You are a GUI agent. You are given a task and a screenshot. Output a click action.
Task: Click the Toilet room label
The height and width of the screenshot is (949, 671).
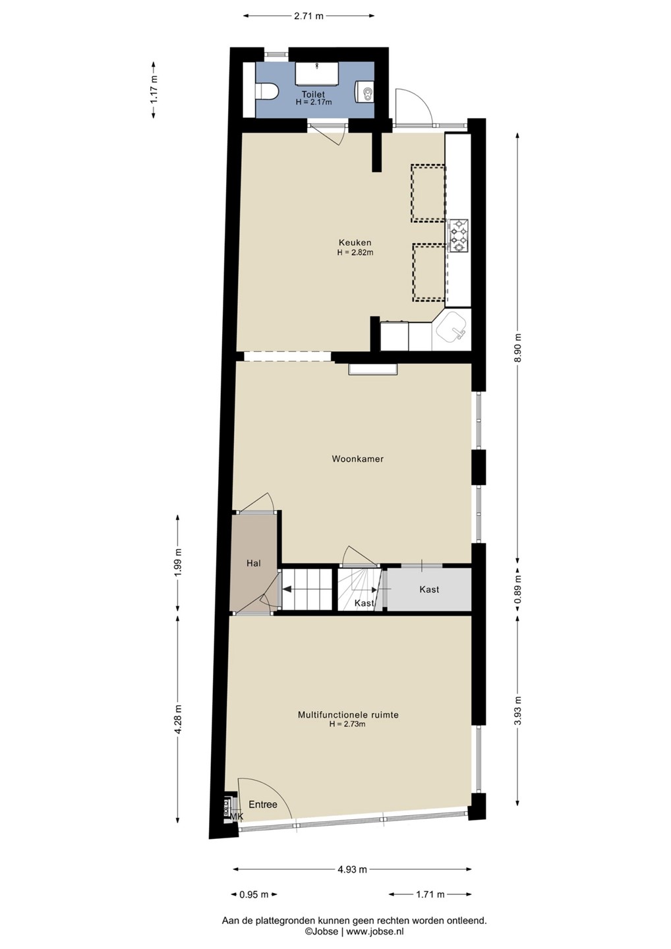pos(313,94)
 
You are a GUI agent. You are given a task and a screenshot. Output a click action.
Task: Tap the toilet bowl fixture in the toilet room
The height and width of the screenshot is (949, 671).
pos(266,92)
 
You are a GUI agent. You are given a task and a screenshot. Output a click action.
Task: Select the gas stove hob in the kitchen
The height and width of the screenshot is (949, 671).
pos(459,235)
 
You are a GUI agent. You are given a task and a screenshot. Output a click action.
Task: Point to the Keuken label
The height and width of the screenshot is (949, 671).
pos(355,243)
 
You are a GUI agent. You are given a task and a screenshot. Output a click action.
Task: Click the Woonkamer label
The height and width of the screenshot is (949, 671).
pos(358,459)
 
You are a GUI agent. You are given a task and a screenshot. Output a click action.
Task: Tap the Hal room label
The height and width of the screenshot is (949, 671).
pos(253,563)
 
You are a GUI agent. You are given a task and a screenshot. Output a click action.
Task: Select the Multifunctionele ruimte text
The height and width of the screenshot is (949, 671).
pos(348,715)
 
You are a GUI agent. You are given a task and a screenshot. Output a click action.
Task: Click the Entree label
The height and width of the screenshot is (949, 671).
pos(262,805)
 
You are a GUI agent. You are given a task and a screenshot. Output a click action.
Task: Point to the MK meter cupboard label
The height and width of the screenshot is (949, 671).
pos(237,817)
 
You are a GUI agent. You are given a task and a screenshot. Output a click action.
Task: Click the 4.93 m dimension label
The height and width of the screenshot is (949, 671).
pos(352,870)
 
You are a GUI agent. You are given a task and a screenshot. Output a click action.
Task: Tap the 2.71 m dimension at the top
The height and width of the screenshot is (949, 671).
pos(308,16)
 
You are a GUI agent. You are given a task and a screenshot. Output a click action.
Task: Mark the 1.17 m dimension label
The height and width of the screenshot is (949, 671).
pos(154,90)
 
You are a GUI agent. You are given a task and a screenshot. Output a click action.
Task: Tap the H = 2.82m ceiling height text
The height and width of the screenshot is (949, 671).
pos(355,252)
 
